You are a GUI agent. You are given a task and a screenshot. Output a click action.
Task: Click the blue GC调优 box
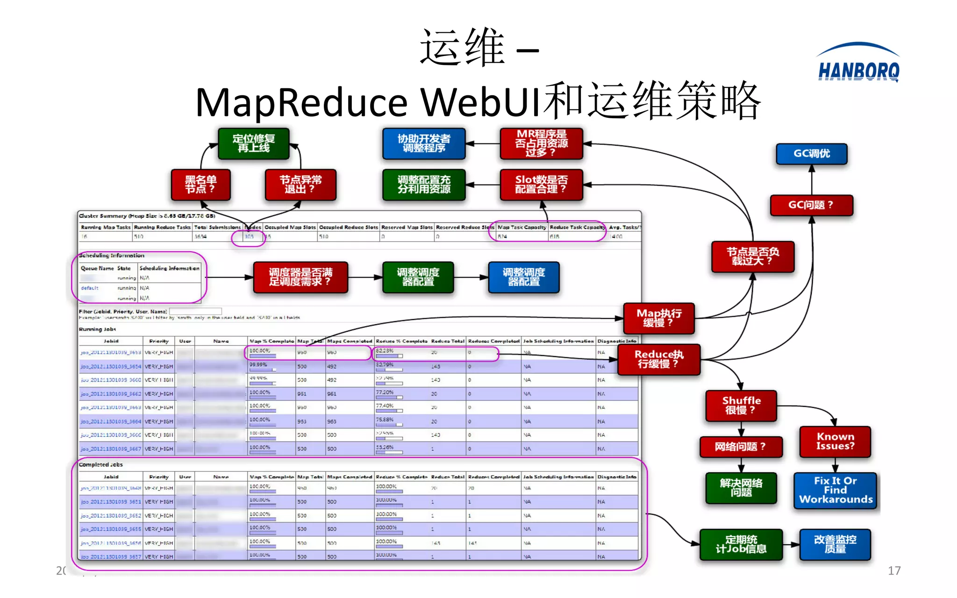(x=812, y=154)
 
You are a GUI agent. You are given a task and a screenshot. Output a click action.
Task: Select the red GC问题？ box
(x=811, y=205)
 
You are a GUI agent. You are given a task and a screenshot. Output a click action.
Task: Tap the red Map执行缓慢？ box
(x=659, y=318)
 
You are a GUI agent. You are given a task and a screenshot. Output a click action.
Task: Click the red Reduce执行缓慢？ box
(x=659, y=359)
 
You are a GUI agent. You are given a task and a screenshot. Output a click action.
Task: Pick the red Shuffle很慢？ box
(x=741, y=406)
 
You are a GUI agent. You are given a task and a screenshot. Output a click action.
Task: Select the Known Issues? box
(x=835, y=441)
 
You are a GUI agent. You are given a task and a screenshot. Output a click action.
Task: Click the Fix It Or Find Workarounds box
(x=836, y=490)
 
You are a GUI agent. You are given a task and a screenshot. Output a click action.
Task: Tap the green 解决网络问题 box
(x=741, y=488)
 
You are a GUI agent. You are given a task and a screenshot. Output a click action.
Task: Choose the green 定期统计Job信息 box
(x=741, y=544)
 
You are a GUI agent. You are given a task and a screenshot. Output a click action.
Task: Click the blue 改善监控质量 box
(x=835, y=544)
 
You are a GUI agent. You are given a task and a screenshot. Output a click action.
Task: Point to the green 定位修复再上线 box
(x=254, y=143)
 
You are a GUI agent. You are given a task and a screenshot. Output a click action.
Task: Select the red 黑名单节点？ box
(x=200, y=185)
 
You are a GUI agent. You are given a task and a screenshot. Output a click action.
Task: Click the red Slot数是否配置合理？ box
(x=541, y=185)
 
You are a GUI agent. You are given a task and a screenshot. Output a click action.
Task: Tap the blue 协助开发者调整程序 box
(x=424, y=143)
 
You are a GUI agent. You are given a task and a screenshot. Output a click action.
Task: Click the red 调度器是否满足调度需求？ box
(x=300, y=277)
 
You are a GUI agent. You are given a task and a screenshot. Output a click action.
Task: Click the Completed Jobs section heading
(x=100, y=464)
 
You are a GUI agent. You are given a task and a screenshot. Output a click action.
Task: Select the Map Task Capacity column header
(x=522, y=227)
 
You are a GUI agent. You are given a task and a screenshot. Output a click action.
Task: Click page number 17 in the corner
(x=894, y=570)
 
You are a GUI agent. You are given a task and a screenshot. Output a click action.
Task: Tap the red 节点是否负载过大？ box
(x=752, y=256)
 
